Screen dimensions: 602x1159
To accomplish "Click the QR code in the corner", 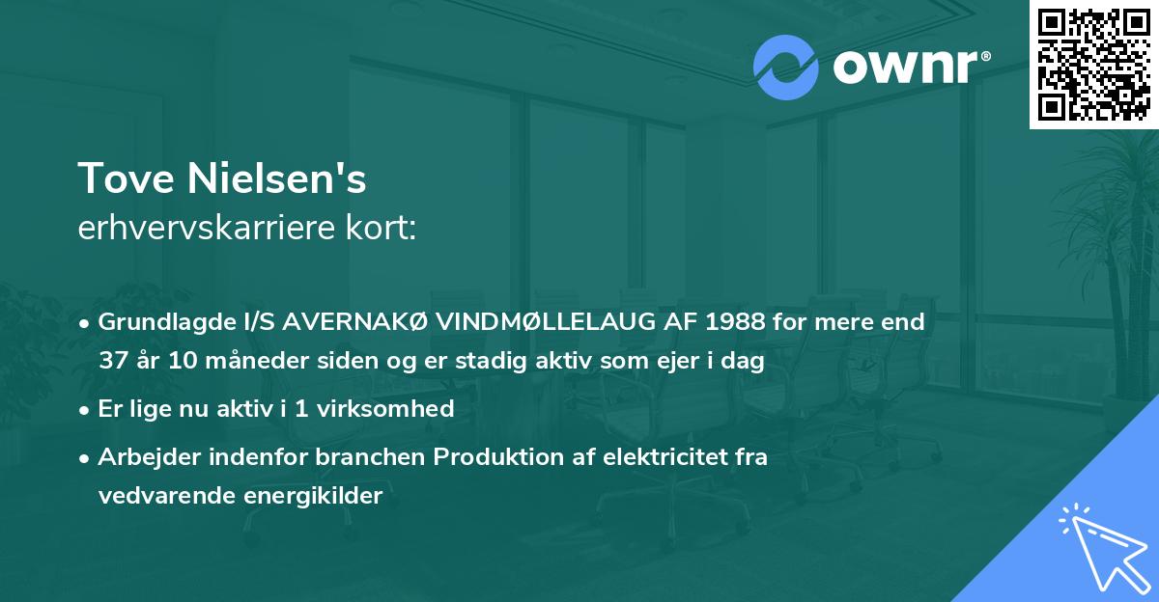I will tap(1094, 65).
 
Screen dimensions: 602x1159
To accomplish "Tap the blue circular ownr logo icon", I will tap(785, 68).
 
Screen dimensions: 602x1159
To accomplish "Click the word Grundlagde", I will tap(155, 321).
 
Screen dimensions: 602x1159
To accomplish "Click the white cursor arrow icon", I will tap(1100, 544).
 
